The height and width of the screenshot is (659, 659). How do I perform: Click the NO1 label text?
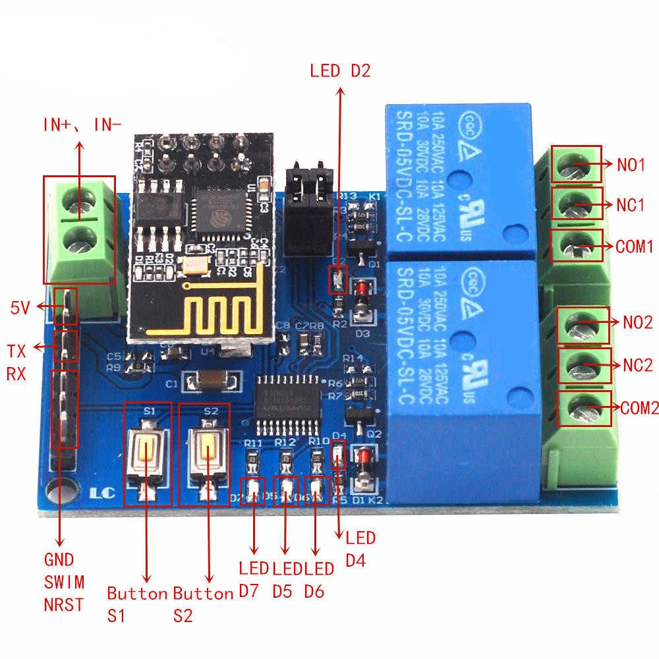click(631, 164)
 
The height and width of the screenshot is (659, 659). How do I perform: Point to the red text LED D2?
click(341, 71)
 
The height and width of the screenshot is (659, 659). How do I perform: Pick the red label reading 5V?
click(20, 307)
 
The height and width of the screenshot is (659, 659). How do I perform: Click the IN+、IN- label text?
click(82, 123)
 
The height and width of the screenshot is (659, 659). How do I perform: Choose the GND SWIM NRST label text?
click(64, 581)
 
